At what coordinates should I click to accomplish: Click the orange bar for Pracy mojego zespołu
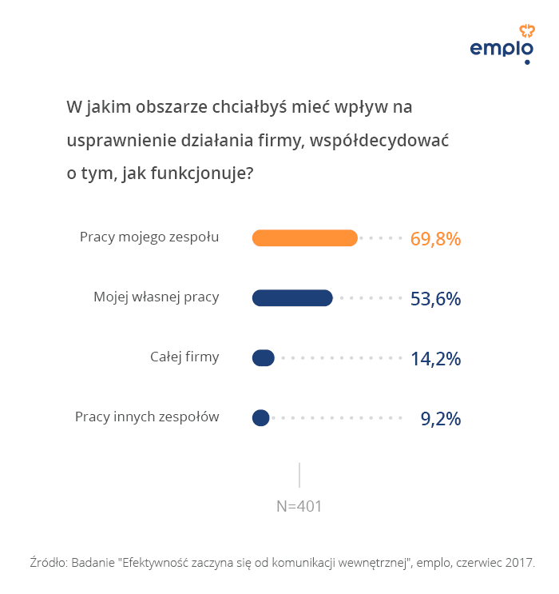click(304, 237)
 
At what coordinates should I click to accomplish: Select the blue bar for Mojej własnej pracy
click(292, 298)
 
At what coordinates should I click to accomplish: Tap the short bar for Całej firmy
click(264, 358)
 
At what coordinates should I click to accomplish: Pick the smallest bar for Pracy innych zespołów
click(260, 417)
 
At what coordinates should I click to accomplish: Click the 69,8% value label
click(435, 238)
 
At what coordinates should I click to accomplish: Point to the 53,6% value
click(435, 299)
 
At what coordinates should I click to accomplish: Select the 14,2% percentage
click(435, 359)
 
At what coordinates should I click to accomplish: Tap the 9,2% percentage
click(441, 418)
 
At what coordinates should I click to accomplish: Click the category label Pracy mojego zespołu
click(149, 237)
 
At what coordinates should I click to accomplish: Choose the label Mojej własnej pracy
click(156, 297)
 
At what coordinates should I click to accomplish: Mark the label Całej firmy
click(184, 357)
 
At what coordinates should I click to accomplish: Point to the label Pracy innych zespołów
click(147, 417)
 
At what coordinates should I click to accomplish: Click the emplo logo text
click(501, 50)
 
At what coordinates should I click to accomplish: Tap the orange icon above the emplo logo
click(526, 30)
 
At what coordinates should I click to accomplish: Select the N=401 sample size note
click(299, 506)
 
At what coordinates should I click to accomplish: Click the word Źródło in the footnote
click(47, 562)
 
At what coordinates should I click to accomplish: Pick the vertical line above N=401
click(299, 475)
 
